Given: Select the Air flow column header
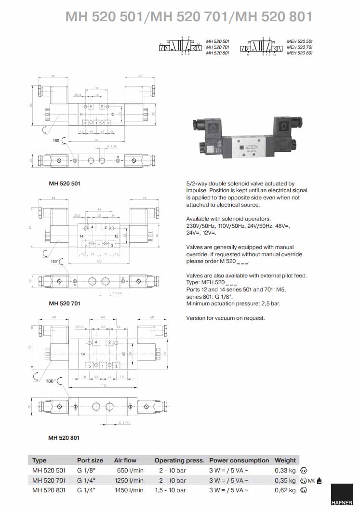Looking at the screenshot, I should [125, 460].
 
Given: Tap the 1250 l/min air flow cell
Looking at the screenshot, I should [130, 480].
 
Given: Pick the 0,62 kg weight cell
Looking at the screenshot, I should [285, 490].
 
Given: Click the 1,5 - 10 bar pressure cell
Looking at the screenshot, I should [172, 490].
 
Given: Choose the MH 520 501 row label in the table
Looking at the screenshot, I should [48, 470].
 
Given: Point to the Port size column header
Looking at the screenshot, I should [90, 460].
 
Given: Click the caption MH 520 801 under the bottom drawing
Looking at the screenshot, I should [64, 438].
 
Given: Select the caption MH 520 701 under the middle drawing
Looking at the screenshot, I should [65, 303].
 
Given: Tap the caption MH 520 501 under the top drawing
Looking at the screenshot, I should [65, 184].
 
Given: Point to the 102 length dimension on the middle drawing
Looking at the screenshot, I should [99, 262].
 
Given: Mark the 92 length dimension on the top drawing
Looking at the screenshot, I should [96, 140].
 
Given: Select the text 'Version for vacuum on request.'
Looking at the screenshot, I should [226, 318].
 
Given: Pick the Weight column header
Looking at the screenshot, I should [285, 460].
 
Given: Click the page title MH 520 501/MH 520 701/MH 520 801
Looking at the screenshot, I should [189, 17].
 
